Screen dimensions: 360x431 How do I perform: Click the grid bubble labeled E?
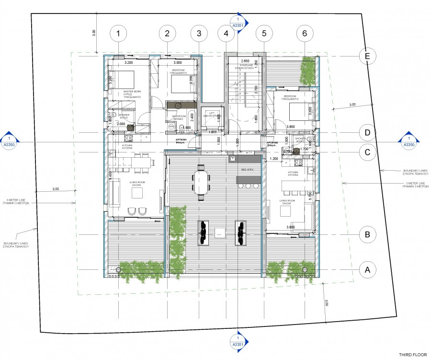tap(367, 56)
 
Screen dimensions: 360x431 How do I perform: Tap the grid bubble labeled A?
tap(367, 270)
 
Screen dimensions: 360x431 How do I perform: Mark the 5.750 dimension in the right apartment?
tap(310, 196)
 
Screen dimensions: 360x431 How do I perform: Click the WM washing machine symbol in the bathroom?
tap(171, 127)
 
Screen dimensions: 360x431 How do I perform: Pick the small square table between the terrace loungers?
tap(220, 232)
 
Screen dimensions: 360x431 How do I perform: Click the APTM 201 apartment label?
tap(181, 140)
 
